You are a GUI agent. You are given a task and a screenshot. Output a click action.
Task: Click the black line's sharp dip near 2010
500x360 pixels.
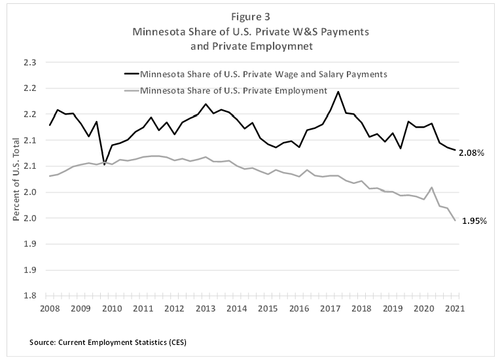(x=104, y=164)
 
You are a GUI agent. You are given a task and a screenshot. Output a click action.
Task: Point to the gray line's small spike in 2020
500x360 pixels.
(x=431, y=188)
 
